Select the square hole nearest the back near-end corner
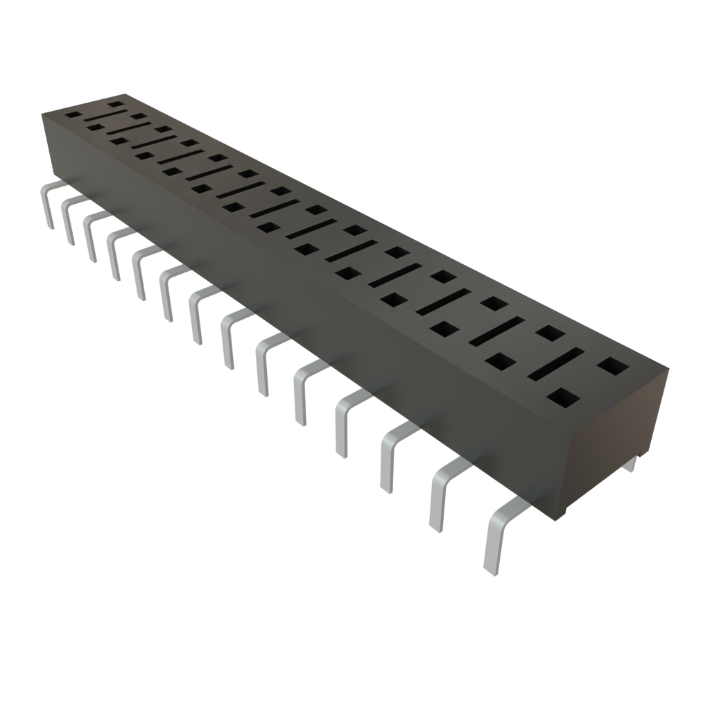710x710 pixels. pyautogui.click(x=611, y=365)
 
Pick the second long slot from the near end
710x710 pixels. pyautogui.click(x=497, y=331)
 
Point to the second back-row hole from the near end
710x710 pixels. pyautogui.click(x=551, y=333)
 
